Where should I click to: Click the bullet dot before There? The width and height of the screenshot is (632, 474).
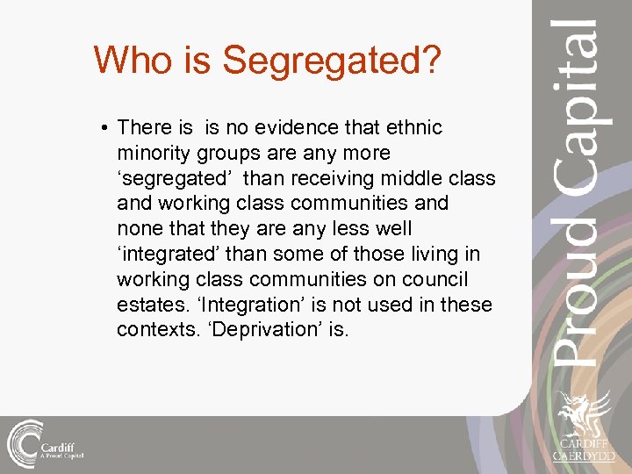pos(104,128)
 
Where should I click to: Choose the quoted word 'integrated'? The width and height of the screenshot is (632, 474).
pos(169,255)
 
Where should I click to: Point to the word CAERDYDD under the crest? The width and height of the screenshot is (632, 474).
pos(583,456)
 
